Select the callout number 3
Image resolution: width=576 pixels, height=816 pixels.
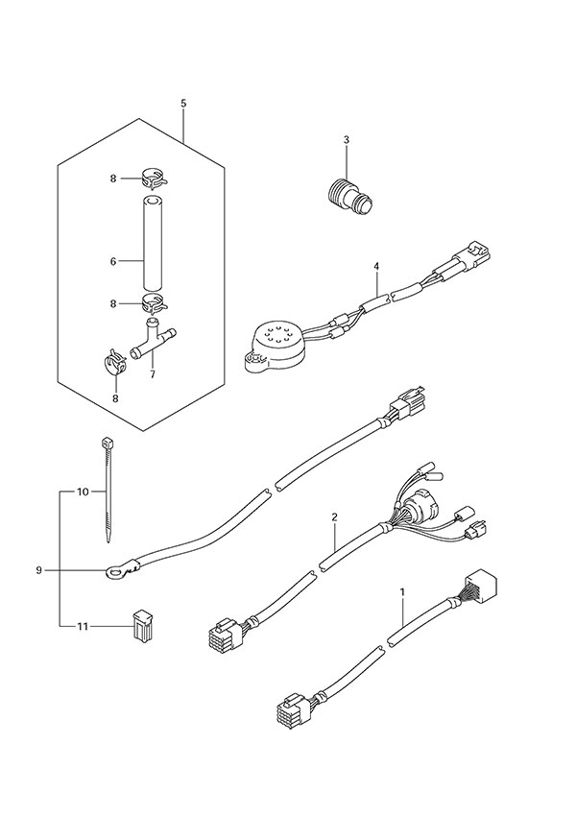point(346,141)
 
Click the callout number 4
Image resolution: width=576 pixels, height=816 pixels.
point(377,266)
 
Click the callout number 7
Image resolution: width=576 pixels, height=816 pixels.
point(152,373)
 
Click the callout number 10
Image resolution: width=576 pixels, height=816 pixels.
point(83,492)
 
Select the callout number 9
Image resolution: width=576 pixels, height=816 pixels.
point(38,570)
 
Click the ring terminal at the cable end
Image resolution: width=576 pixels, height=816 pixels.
point(116,574)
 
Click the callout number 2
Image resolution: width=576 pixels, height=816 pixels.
point(334,518)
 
